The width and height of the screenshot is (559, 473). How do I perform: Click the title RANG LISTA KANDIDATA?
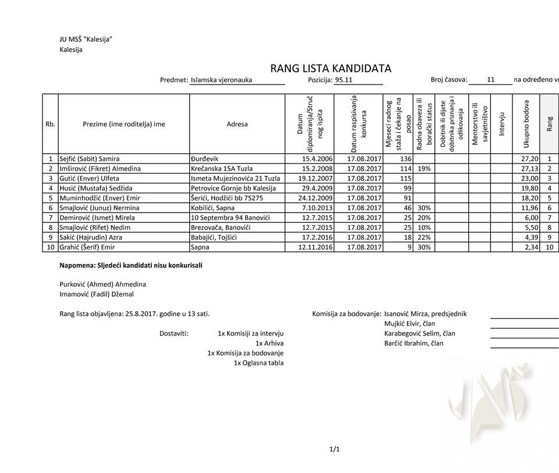pyautogui.click(x=330, y=69)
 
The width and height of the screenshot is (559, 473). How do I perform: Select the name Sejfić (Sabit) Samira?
pyautogui.click(x=90, y=159)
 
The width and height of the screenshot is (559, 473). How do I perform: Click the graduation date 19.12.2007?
pyautogui.click(x=316, y=179)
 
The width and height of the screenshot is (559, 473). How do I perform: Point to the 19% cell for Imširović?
pyautogui.click(x=424, y=169)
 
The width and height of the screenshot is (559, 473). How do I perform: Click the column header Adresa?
pyautogui.click(x=237, y=124)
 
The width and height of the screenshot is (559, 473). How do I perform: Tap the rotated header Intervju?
pyautogui.click(x=501, y=124)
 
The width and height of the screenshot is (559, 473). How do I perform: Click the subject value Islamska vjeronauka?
pyautogui.click(x=221, y=80)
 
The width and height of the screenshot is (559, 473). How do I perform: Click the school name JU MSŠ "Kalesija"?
pyautogui.click(x=86, y=40)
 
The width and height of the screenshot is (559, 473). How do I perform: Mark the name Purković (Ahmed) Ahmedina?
pyautogui.click(x=102, y=284)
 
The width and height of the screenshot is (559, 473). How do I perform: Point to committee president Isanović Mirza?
pyautogui.click(x=425, y=314)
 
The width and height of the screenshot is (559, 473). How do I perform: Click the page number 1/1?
pyautogui.click(x=334, y=449)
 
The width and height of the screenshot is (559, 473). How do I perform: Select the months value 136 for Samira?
pyautogui.click(x=405, y=159)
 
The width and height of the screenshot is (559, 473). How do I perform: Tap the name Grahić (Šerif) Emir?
pyautogui.click(x=87, y=247)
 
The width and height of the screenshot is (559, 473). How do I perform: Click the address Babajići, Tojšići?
pyautogui.click(x=215, y=237)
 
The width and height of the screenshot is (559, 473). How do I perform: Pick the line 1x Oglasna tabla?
pyautogui.click(x=259, y=363)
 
